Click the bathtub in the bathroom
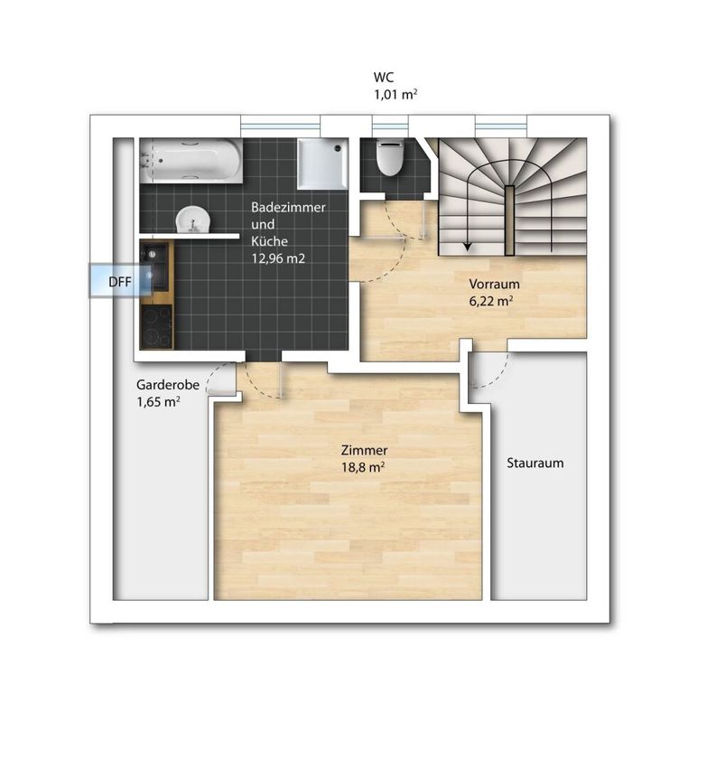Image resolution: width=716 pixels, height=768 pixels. [191, 161]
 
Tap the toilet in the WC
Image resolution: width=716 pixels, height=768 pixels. [390, 157]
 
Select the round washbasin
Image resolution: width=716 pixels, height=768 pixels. [193, 220]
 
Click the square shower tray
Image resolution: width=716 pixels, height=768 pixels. [322, 164]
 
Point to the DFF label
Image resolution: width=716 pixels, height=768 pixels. [120, 282]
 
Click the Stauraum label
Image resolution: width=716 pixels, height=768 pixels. [535, 463]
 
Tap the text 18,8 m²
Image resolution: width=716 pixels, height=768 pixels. [363, 467]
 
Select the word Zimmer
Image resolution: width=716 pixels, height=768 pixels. [364, 450]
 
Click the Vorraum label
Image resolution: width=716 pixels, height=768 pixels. [494, 284]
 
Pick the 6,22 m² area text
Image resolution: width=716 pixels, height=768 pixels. [491, 301]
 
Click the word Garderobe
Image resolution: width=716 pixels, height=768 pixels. [168, 385]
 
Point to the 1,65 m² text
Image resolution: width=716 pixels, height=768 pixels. [158, 402]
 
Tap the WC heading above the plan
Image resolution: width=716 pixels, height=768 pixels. [384, 78]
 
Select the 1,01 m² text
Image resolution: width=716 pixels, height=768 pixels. [395, 94]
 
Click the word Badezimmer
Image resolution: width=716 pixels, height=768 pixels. [288, 207]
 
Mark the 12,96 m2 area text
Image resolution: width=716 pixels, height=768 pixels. [278, 258]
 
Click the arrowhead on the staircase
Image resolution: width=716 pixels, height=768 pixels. [468, 247]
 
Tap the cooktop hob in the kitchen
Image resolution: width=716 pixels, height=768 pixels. [156, 326]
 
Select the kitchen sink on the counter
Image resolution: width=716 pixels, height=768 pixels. [155, 266]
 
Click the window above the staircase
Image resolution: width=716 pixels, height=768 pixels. [502, 126]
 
